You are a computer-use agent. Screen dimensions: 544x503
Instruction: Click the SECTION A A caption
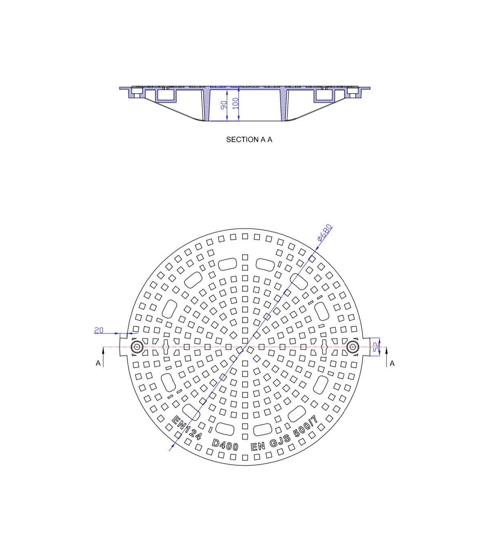[x=249, y=140]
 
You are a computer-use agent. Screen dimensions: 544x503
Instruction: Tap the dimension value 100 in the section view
[x=236, y=103]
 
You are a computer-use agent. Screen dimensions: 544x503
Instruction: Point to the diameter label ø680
[x=325, y=233]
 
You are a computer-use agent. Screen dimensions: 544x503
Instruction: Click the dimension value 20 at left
[x=99, y=330]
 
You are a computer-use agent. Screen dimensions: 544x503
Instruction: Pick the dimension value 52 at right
[x=376, y=347]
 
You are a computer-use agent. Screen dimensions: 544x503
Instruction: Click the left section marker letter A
[x=98, y=363]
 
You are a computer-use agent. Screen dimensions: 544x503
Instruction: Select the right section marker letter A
[x=392, y=363]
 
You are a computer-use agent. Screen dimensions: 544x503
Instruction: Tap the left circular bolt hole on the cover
[x=137, y=347]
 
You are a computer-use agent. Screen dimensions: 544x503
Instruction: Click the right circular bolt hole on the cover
[x=352, y=347]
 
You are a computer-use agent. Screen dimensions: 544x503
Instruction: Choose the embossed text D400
[x=225, y=445]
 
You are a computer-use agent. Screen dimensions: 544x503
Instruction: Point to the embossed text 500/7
[x=306, y=427]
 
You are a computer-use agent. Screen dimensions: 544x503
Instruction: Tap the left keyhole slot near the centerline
[x=166, y=347]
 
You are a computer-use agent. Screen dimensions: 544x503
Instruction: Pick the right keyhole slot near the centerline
[x=324, y=347]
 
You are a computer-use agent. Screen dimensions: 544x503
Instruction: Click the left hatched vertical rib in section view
[x=207, y=105]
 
